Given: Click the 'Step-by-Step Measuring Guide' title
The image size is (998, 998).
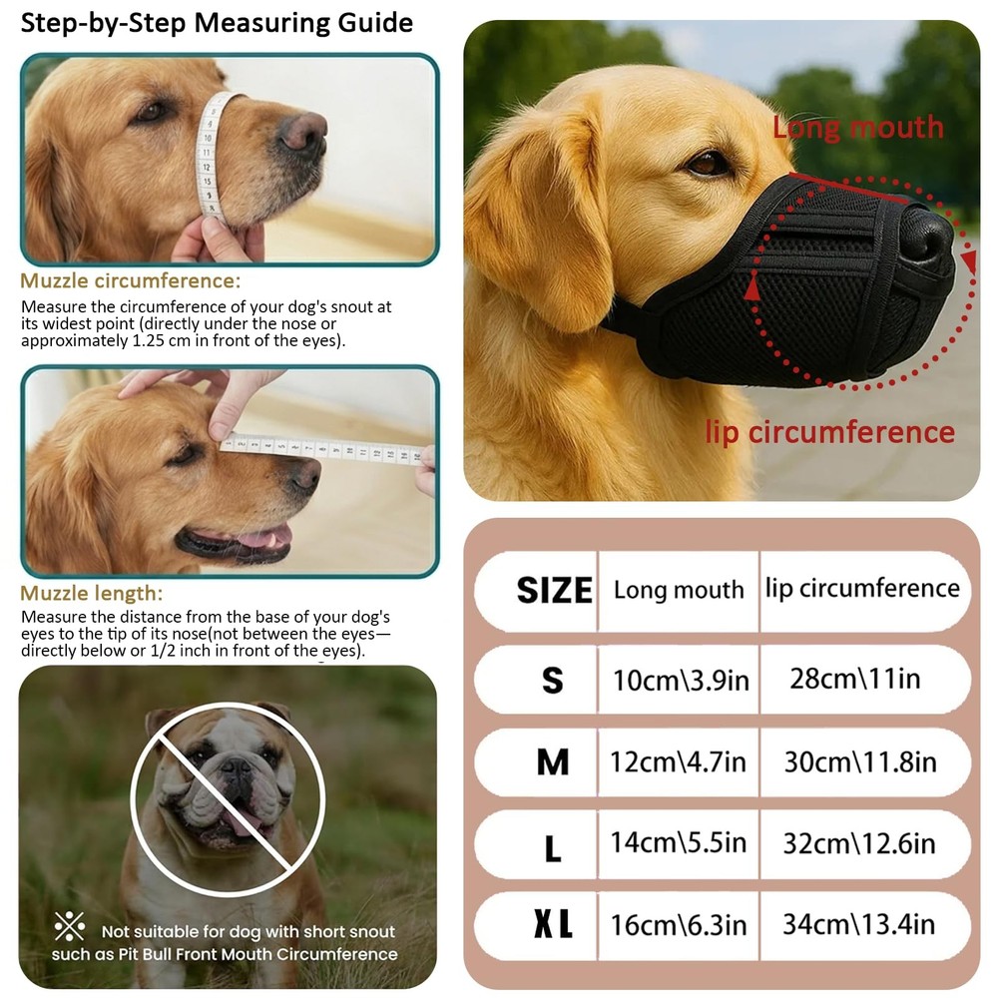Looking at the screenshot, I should pyautogui.click(x=217, y=22).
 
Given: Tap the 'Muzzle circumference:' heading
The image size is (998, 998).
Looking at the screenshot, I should pyautogui.click(x=131, y=281).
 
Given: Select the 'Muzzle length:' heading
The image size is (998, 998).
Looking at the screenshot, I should pyautogui.click(x=91, y=594).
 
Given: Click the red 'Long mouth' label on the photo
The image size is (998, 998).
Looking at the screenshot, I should pyautogui.click(x=857, y=128).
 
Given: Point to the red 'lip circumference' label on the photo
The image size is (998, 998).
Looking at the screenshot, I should pyautogui.click(x=829, y=432).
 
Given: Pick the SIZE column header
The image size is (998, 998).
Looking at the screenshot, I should pyautogui.click(x=554, y=590).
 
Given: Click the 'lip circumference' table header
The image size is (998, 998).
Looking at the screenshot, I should pyautogui.click(x=862, y=588).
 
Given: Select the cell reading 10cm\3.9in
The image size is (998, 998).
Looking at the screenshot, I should pyautogui.click(x=680, y=680).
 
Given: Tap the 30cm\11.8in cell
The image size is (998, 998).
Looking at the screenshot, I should pyautogui.click(x=860, y=762).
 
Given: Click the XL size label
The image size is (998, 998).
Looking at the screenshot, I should pyautogui.click(x=552, y=925).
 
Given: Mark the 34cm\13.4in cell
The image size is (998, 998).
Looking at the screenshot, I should pyautogui.click(x=858, y=924).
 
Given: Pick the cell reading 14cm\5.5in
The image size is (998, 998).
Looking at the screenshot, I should pyautogui.click(x=679, y=843).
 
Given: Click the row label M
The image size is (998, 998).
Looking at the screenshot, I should pyautogui.click(x=552, y=763).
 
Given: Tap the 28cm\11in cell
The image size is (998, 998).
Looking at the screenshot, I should pyautogui.click(x=854, y=680).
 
